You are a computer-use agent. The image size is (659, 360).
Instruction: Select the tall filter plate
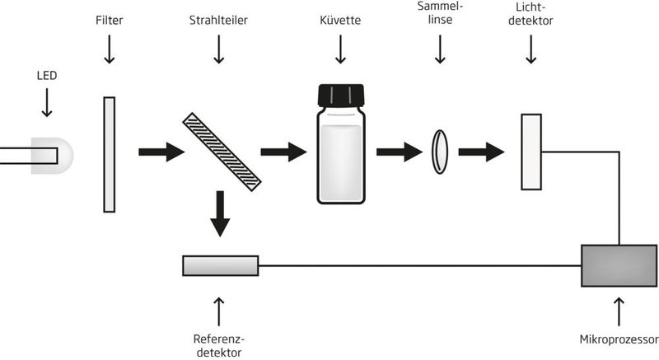(x=109, y=154)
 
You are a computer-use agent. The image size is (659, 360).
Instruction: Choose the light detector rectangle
(x=530, y=152)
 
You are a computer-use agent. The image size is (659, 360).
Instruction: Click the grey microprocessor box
(x=618, y=265)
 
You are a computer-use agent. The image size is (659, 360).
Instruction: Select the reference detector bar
(x=220, y=265)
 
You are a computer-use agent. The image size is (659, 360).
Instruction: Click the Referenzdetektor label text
(x=219, y=345)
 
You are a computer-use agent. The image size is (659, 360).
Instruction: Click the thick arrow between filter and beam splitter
(x=161, y=152)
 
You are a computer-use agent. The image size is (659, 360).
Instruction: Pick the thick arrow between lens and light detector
(x=482, y=152)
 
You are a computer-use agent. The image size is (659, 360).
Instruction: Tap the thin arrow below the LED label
(x=46, y=102)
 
